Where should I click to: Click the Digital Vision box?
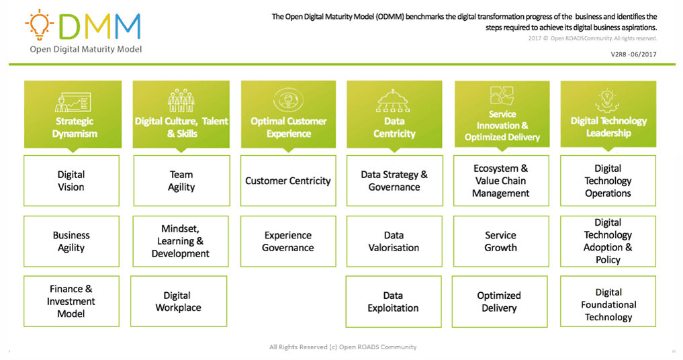(71, 181)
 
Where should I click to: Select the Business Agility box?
(71, 241)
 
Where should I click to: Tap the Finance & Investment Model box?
(71, 301)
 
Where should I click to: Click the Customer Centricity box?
(288, 181)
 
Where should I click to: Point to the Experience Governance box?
(288, 241)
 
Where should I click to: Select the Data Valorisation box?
(394, 241)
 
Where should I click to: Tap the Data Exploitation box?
(394, 302)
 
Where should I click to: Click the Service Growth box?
(501, 241)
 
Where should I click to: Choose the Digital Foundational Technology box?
(608, 304)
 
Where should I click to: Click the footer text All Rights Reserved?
(343, 347)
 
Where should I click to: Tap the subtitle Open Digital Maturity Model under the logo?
(86, 49)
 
